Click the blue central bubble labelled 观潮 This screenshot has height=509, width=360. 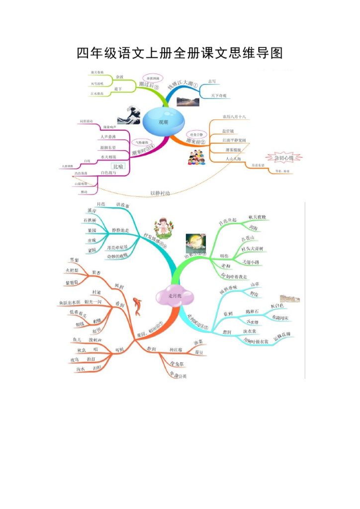(x=163, y=121)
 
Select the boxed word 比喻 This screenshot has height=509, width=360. (x=118, y=166)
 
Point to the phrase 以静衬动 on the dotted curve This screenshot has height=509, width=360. (x=160, y=193)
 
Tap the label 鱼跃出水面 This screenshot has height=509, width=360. (x=70, y=302)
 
